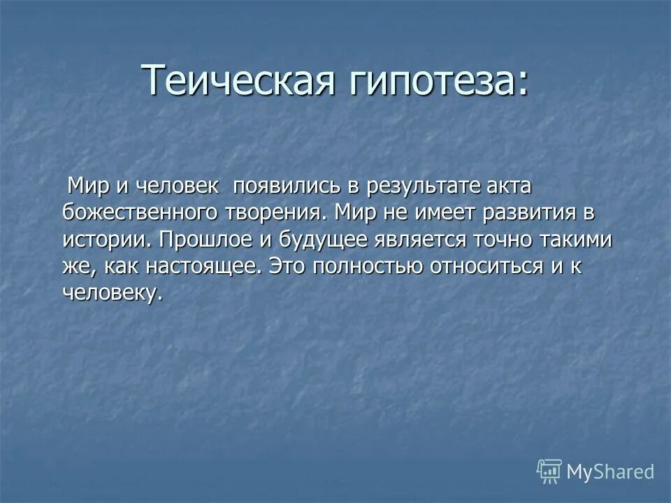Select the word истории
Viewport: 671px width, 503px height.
pyautogui.click(x=106, y=239)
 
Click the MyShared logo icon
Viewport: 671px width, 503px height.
pyautogui.click(x=549, y=472)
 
